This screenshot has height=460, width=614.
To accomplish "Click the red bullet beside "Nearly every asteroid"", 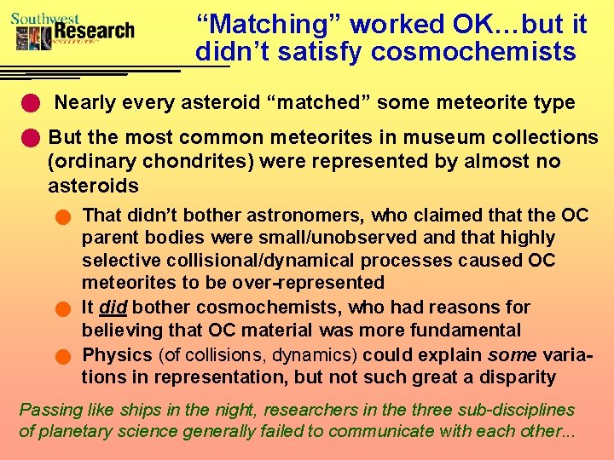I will (31, 104).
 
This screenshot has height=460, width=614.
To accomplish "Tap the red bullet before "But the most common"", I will (31, 137).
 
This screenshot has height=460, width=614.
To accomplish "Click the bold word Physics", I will (118, 354).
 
